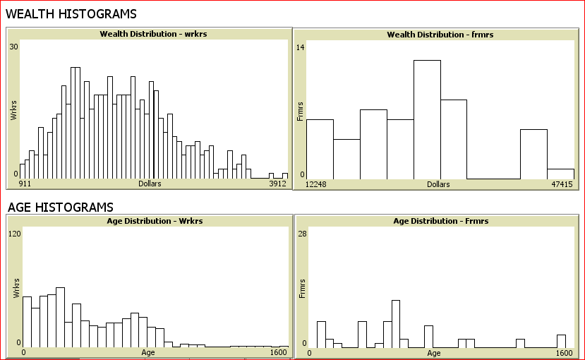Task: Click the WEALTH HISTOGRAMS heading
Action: click(71, 14)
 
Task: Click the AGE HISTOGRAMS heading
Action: click(60, 208)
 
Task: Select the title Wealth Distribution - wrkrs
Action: click(148, 34)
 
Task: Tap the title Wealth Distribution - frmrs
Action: click(435, 35)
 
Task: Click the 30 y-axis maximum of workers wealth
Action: click(13, 47)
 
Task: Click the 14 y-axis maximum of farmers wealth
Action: click(301, 47)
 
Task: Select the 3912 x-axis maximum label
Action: click(277, 184)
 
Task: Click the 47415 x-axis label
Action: click(561, 184)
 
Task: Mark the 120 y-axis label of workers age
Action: click(14, 234)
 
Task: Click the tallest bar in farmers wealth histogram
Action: click(427, 119)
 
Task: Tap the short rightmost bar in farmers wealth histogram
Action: click(560, 174)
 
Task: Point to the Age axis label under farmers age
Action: click(433, 352)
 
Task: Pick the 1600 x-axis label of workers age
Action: click(279, 352)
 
